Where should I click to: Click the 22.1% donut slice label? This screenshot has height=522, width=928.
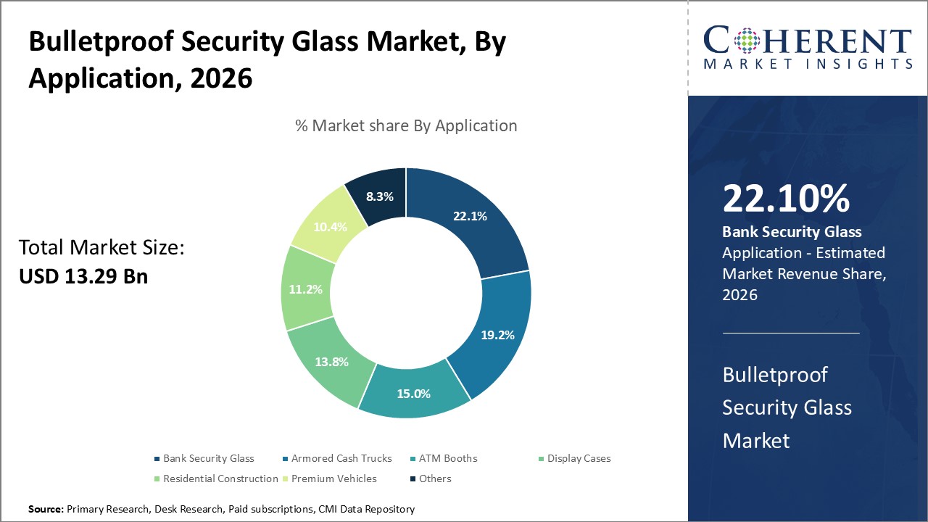click(469, 216)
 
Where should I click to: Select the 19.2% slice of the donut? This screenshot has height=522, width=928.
click(497, 335)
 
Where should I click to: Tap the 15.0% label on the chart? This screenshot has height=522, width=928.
click(413, 394)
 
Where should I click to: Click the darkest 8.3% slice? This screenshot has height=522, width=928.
click(379, 196)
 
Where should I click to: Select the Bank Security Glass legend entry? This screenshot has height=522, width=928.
click(208, 458)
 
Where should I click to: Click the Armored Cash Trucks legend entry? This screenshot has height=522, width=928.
click(341, 458)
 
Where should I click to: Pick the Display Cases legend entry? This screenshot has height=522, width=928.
click(579, 458)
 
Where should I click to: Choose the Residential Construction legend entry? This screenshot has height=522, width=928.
click(220, 478)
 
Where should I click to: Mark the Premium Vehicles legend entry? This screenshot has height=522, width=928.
click(333, 478)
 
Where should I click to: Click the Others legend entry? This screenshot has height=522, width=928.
click(434, 478)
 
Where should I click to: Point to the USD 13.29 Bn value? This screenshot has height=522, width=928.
click(83, 275)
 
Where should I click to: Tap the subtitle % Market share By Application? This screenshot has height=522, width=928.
click(406, 125)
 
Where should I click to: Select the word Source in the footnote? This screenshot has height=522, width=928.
click(46, 510)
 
